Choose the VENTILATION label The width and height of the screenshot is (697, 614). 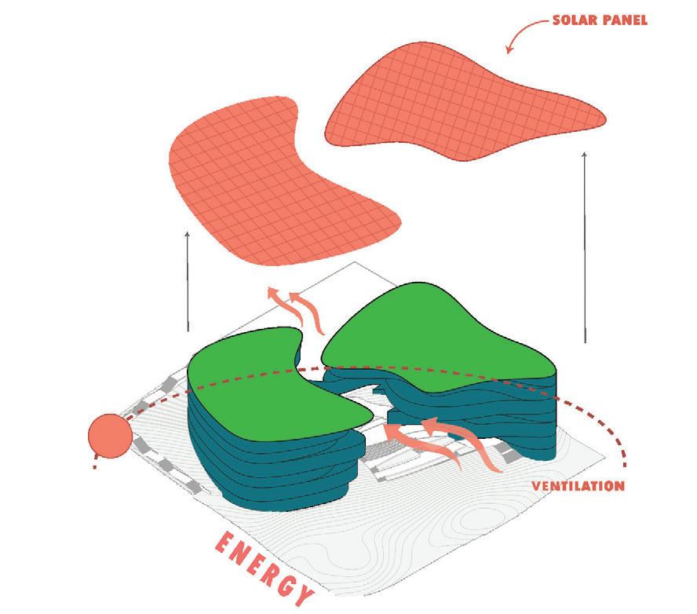click(578, 485)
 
